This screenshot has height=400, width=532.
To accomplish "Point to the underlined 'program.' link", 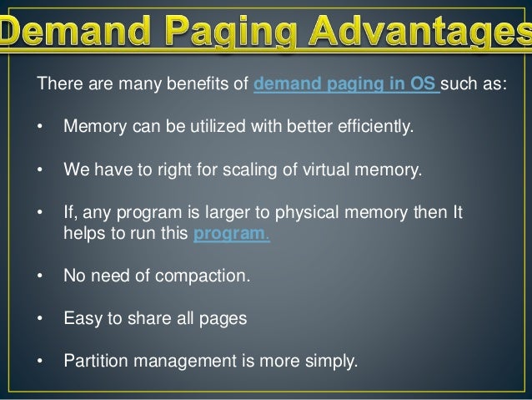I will click(231, 233).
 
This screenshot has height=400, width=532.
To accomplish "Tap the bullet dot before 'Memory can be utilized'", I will click(39, 129).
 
